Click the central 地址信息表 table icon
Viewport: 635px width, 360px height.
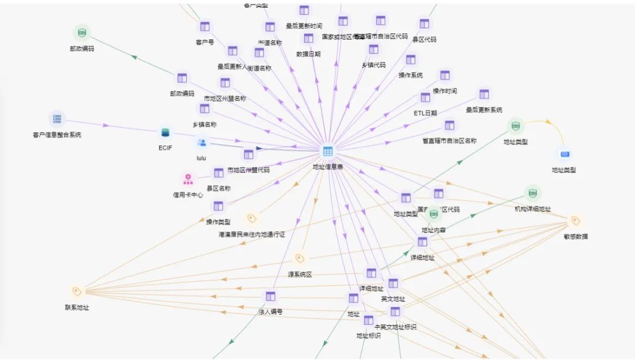[x=327, y=152]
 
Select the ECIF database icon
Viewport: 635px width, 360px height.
[x=165, y=134]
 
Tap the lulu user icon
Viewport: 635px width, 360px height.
[x=202, y=143]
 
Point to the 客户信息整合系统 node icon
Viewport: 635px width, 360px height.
[x=57, y=119]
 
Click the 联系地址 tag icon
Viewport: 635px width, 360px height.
[x=76, y=291]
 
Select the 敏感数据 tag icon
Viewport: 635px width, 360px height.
[x=576, y=221]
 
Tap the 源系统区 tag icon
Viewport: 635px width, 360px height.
[x=299, y=258]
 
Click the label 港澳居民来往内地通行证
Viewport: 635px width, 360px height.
[x=252, y=234]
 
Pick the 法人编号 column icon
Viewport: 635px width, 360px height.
[x=270, y=296]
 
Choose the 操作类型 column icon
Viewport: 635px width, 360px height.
[x=218, y=206]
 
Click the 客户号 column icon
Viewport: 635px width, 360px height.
[x=205, y=26]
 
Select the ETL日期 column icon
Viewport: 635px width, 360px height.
[x=425, y=97]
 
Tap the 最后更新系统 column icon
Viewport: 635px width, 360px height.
[x=484, y=94]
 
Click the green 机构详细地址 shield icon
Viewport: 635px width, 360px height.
[x=533, y=193]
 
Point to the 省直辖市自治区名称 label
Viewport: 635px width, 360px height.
[x=449, y=141]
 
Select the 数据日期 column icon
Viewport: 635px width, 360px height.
[x=309, y=38]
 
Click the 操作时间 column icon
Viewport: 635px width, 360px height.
[x=444, y=75]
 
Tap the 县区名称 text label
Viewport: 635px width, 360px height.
[x=218, y=188]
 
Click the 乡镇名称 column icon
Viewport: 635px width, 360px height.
[x=205, y=109]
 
